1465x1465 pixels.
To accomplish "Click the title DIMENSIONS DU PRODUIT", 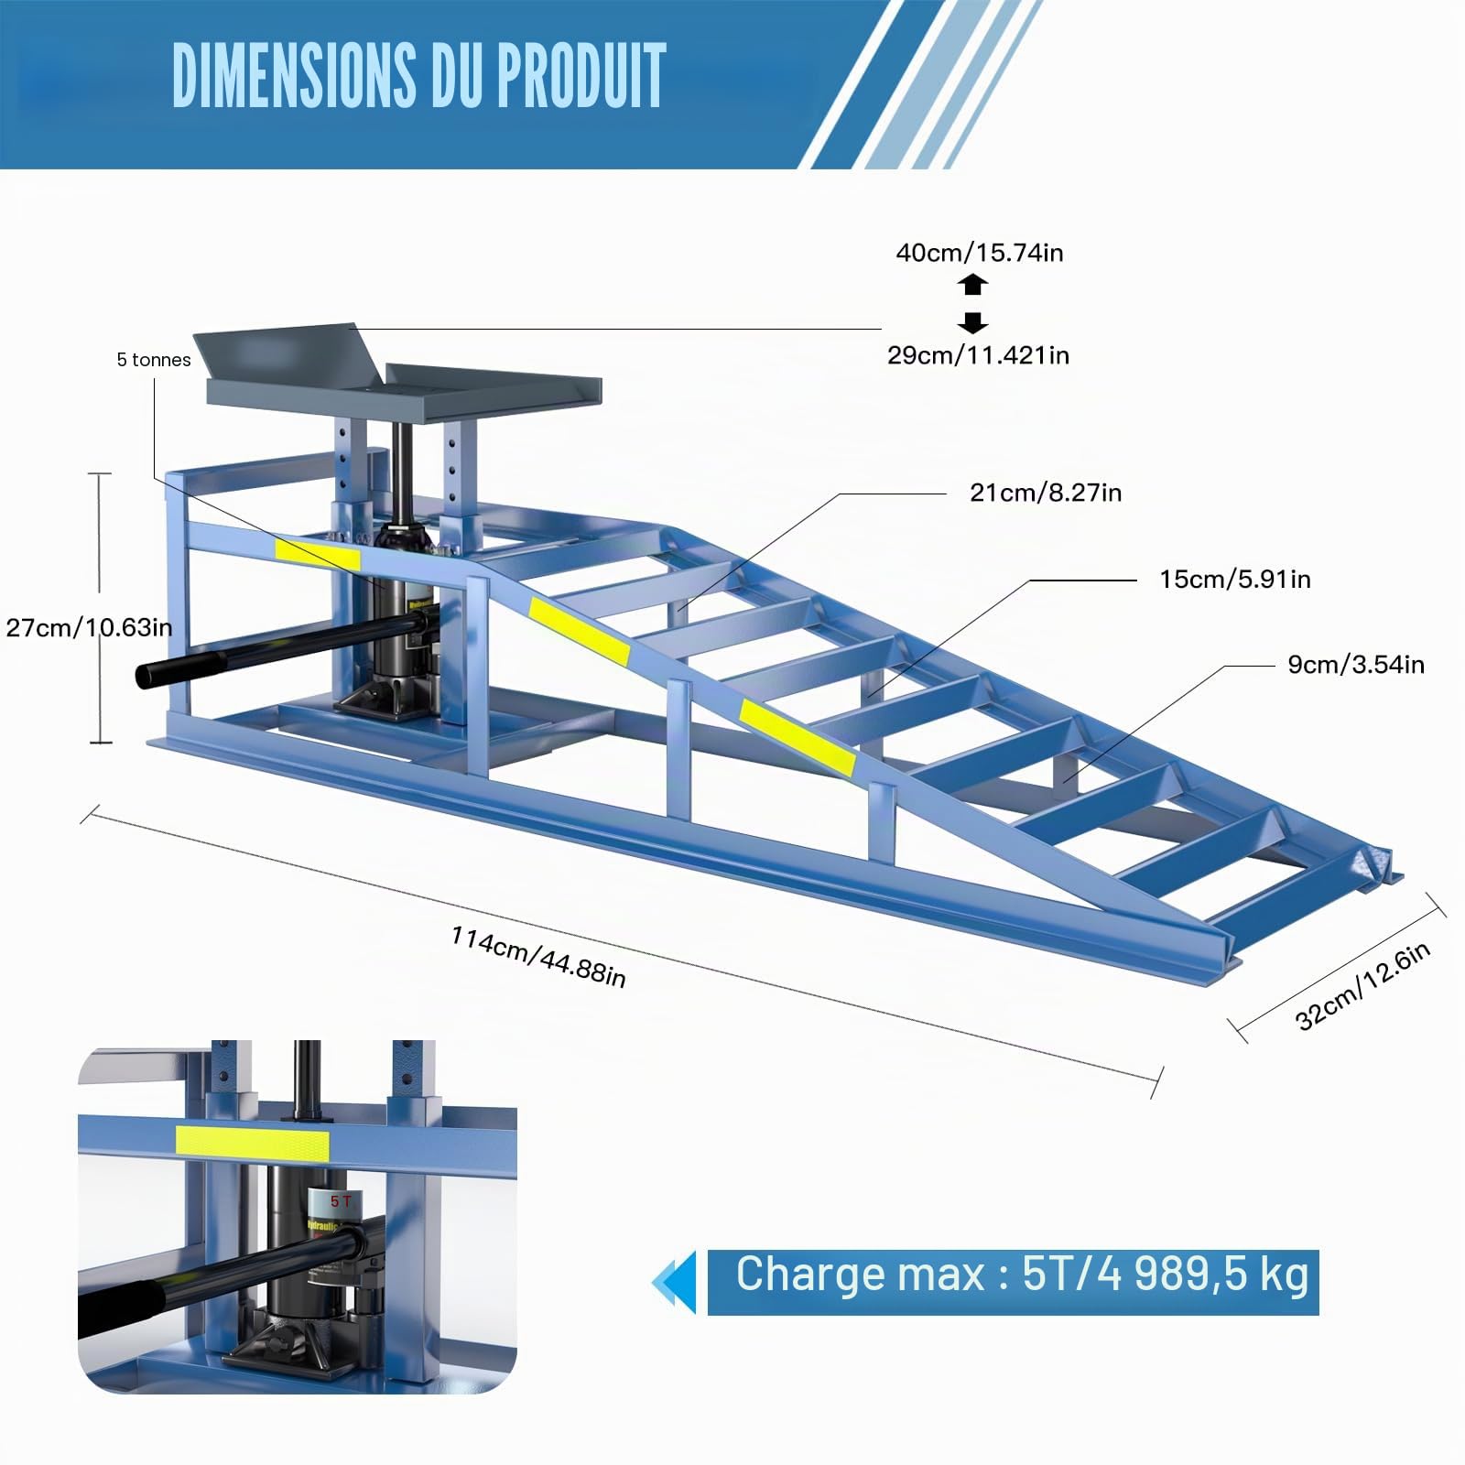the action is tap(418, 75).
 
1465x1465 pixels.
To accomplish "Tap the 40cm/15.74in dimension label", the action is tap(980, 253).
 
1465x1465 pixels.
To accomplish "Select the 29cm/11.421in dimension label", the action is tap(978, 355).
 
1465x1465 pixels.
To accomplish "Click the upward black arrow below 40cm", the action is tap(972, 284).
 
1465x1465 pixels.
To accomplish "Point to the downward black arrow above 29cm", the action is tap(972, 322).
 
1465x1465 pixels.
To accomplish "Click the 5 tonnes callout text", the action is tap(154, 360).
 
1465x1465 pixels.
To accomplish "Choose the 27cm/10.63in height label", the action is tap(88, 627).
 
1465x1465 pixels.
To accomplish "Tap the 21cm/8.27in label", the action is tap(1046, 493).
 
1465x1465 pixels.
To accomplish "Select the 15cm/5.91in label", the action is tap(1235, 579).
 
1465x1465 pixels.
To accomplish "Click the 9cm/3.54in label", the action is tap(1356, 664).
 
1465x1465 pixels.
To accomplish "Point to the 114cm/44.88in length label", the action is tap(538, 957).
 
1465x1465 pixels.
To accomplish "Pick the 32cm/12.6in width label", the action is tap(1363, 986).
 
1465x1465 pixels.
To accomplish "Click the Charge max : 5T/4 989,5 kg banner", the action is tap(1013, 1282).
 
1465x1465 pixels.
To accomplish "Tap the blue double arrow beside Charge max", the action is tap(674, 1282).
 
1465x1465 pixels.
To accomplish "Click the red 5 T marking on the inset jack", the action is tap(341, 1200).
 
